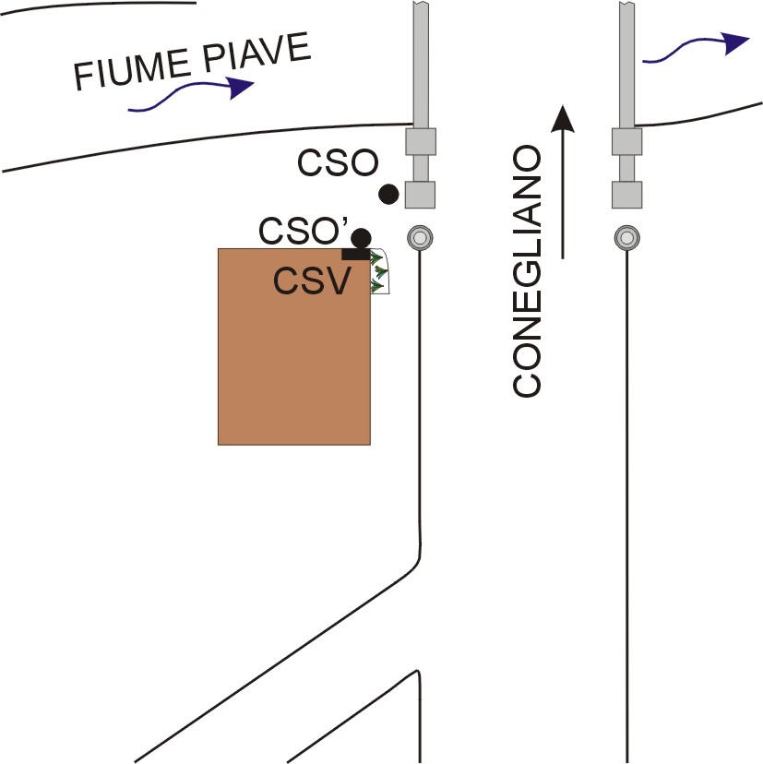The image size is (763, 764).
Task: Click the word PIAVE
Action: pos(256,53)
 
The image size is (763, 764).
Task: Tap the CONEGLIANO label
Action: pos(527,271)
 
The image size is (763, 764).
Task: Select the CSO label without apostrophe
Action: pos(338,162)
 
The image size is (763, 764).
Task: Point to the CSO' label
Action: pos(303,231)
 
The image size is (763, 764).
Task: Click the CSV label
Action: pos(312,281)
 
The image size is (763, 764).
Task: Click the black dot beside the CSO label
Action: pos(388,195)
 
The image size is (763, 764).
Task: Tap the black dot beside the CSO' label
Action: pos(361,238)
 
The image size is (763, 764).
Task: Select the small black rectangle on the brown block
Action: pos(356,254)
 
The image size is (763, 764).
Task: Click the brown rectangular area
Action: pos(293,346)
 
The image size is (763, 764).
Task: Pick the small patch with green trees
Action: pos(380,271)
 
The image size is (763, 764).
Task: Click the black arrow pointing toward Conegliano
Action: pos(563,182)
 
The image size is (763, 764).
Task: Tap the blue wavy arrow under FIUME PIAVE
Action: pos(191,94)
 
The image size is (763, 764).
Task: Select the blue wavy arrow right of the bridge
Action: pos(697,48)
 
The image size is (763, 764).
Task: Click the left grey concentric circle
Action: pos(420,238)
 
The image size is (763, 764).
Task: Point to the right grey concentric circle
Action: pos(627,238)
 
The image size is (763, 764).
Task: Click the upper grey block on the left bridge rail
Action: pos(421,142)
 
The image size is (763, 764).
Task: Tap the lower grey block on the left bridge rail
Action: pos(421,195)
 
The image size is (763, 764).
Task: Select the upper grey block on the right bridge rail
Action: pos(627,142)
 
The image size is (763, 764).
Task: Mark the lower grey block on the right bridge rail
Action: pos(627,195)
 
